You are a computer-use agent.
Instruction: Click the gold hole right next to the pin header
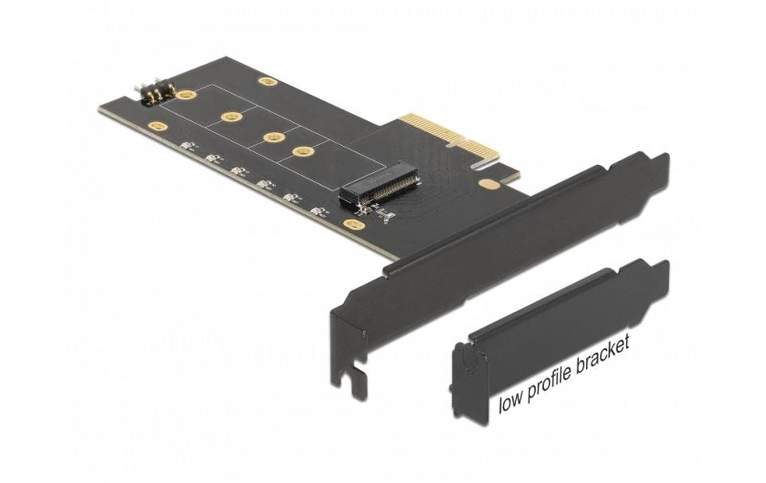point(186,95)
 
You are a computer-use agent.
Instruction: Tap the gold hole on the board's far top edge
point(268,80)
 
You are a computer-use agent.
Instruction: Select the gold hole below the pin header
point(156,126)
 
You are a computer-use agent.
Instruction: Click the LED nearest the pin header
point(188,146)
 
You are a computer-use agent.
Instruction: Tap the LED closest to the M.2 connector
point(319,212)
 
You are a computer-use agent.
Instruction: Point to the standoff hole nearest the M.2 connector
point(303,151)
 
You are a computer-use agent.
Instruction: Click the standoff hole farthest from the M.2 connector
point(232,117)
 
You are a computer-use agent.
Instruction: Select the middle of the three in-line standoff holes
point(273,136)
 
